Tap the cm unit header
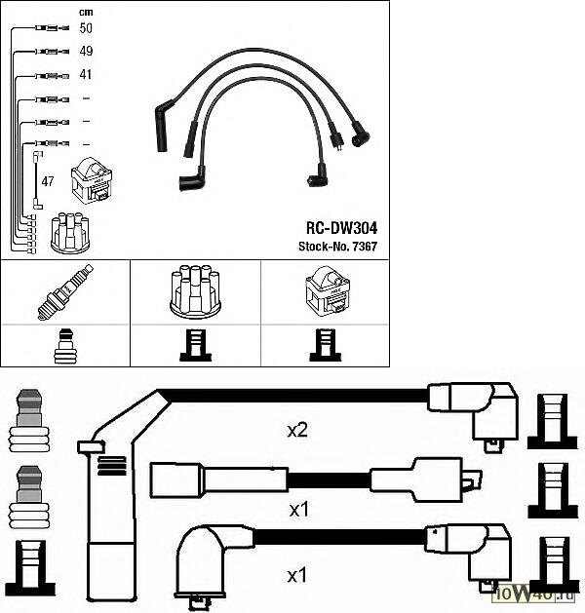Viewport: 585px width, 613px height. (x=85, y=11)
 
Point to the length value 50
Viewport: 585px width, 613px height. (x=86, y=29)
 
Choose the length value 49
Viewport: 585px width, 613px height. (x=86, y=51)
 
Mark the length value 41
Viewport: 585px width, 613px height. (x=86, y=74)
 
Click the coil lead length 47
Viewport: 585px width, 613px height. (x=47, y=181)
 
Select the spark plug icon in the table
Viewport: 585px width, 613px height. (x=64, y=291)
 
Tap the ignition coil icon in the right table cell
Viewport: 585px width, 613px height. (x=325, y=290)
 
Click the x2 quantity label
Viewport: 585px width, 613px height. (x=298, y=430)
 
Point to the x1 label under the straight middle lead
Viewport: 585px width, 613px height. (x=300, y=510)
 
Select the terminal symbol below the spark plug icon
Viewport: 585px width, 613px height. (x=64, y=346)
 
